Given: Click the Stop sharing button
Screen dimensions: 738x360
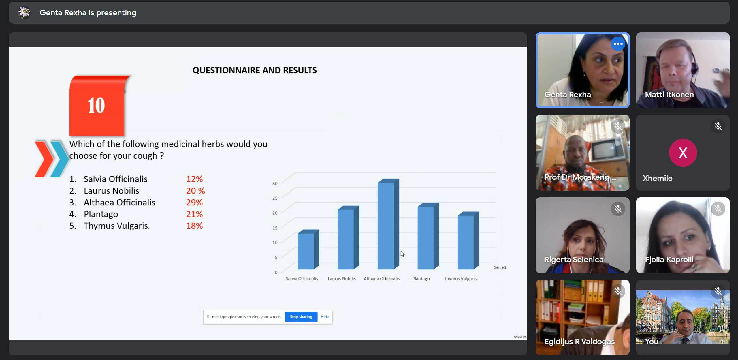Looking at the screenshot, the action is [x=301, y=317].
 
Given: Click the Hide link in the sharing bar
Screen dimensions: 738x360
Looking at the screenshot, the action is [x=325, y=317].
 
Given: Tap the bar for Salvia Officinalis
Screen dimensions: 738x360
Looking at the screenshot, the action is [x=308, y=250].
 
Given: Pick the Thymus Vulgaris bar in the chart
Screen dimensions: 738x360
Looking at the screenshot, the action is [x=468, y=241].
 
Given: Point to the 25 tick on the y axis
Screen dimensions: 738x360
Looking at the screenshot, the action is [x=275, y=198].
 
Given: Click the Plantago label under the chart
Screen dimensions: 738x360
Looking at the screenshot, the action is [x=421, y=279].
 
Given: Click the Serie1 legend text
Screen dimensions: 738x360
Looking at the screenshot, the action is [x=500, y=267].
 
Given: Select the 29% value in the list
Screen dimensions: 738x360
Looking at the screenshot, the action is [x=194, y=202].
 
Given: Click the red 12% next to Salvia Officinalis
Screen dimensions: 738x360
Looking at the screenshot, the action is [x=194, y=179].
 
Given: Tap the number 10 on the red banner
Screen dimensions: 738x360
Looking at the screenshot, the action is [x=96, y=105].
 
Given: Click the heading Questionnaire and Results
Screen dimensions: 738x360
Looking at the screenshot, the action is [x=255, y=70].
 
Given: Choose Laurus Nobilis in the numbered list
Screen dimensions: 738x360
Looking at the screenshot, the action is [x=111, y=191].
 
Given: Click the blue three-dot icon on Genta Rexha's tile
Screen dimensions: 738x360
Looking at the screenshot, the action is [x=618, y=44].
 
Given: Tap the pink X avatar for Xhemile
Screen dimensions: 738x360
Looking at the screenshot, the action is [x=683, y=153].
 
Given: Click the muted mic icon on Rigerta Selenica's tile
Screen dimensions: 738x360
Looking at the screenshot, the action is [x=618, y=209].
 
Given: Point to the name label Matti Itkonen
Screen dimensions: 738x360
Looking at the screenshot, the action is [x=669, y=95].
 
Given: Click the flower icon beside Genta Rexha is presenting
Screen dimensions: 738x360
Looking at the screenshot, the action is [x=25, y=12].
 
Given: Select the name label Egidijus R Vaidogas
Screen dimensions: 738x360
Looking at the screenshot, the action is [x=579, y=342].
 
